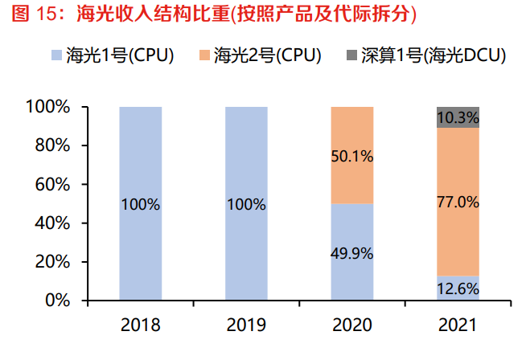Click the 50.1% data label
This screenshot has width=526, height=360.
coord(352,157)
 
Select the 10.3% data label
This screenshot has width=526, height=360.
coord(458,118)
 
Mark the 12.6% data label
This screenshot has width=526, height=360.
coord(458,288)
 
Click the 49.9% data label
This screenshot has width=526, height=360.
coord(352,254)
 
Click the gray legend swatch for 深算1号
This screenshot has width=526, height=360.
coord(351,55)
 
